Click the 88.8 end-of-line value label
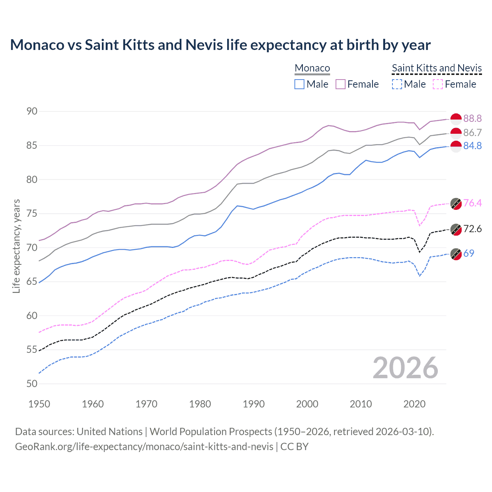pos(472,118)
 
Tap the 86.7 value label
pos(472,133)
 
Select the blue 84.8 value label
pos(472,146)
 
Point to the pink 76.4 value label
pos(472,203)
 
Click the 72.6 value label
pos(472,229)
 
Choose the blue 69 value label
pos(469,253)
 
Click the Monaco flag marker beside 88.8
pos(456,119)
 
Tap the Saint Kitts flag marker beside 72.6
pos(456,229)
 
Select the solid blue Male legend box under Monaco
pos(299,84)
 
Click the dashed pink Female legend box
pos(438,84)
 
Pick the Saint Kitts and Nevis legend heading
pos(437,68)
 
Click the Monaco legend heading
pos(312,68)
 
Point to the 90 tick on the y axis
pos(32,111)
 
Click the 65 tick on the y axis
pos(32,282)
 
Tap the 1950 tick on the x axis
pos(39,404)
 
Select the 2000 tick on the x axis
pos(307,404)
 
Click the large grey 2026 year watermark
pos(405,368)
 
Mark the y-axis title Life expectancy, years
pos(16,246)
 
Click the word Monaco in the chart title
pos(37,45)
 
